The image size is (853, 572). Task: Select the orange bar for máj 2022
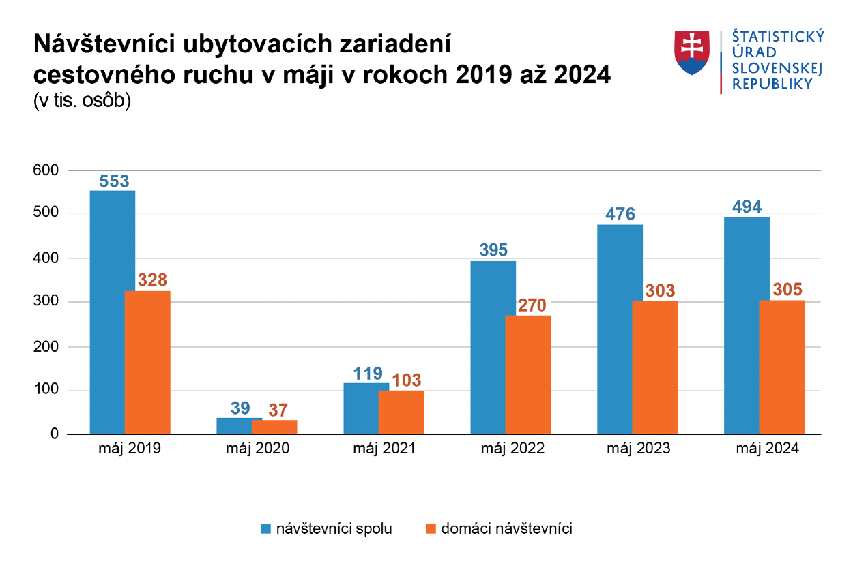pos(527,375)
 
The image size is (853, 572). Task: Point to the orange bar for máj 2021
pos(401,412)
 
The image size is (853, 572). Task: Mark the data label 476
pos(620,214)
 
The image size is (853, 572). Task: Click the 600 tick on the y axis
pos(46,170)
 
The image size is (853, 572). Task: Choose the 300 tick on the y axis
pos(46,302)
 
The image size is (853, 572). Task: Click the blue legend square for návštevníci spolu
pos(265,529)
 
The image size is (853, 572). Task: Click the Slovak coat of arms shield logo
pos(692,52)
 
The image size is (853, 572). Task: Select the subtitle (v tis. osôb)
pos(82,102)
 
